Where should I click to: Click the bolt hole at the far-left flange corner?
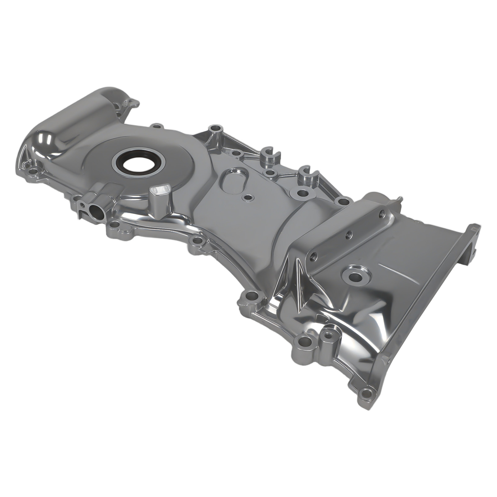(x=31, y=171)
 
